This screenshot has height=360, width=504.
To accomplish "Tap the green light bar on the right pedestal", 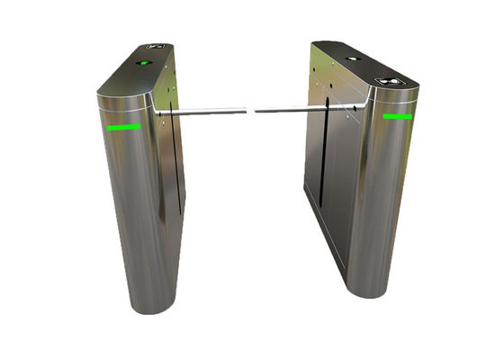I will click(397, 116).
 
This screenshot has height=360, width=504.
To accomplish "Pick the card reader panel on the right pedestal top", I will click(393, 81).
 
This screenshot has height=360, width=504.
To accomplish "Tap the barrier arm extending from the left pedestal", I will click(202, 112).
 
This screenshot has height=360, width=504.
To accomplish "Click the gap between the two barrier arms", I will click(250, 112).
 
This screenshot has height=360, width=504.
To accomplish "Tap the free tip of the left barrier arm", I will click(245, 111).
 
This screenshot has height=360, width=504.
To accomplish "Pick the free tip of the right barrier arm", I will click(256, 112).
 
